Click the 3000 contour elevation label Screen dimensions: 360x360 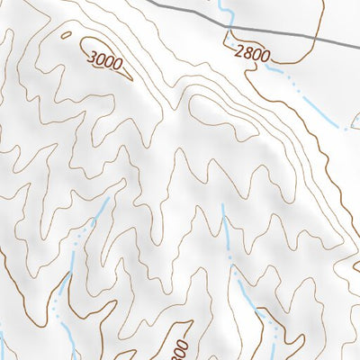coord(106,60)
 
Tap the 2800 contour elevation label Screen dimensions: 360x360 coord(250,54)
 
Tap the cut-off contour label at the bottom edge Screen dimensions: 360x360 coord(178,349)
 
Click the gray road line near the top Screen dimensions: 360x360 coord(180,10)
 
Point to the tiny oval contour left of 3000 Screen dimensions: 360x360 coord(66,34)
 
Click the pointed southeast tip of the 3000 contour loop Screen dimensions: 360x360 coord(131,78)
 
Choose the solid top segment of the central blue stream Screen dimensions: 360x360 coord(225,225)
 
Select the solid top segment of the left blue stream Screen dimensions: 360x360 coord(102,211)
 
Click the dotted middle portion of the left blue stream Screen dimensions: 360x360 coord(76,261)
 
